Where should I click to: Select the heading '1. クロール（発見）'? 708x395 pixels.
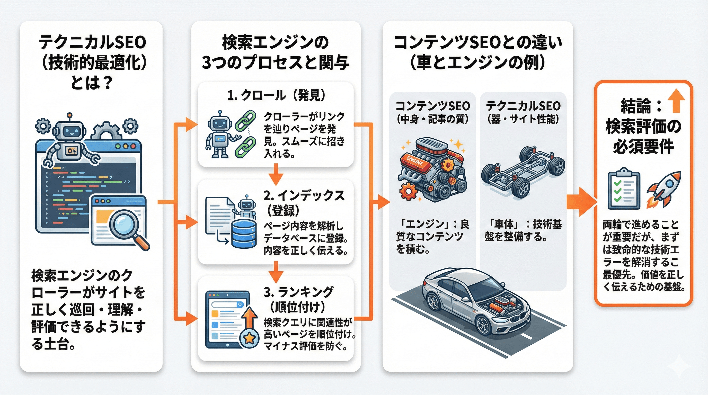pyautogui.click(x=276, y=95)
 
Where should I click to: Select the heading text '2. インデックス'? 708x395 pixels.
pyautogui.click(x=304, y=196)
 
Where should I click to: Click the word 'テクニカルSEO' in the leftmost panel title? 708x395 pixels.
pyautogui.click(x=92, y=43)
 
